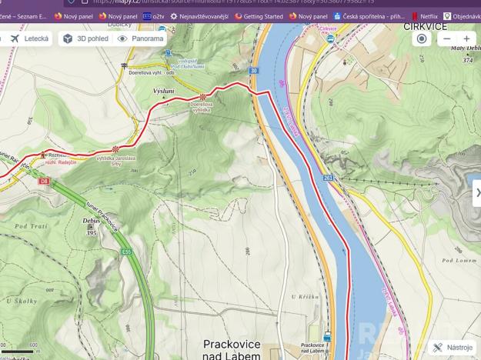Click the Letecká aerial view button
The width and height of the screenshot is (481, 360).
[x=30, y=38]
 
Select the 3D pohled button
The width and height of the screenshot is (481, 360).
[x=85, y=38]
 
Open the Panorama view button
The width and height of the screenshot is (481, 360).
[x=140, y=38]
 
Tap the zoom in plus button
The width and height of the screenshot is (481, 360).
[x=466, y=38]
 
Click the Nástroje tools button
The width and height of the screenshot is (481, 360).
[x=453, y=348]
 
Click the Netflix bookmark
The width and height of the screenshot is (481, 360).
[x=423, y=16]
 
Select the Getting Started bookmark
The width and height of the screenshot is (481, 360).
[x=259, y=16]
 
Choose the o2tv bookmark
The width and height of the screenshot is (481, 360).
[x=153, y=16]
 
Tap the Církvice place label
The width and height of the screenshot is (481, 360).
[x=425, y=26]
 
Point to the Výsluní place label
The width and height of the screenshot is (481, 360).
[x=164, y=91]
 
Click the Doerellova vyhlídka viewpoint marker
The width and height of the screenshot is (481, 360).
[x=203, y=97]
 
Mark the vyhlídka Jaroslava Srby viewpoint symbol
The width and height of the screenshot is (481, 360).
[x=115, y=149]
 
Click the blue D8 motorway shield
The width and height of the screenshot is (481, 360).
[x=44, y=181]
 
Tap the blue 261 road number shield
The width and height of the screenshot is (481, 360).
[x=329, y=178]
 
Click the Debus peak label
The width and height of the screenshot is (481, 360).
[x=91, y=221]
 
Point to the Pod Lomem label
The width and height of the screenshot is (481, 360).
[x=458, y=261]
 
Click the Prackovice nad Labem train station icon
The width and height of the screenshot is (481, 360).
[x=328, y=336]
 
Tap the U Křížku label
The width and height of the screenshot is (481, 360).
[x=305, y=296]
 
